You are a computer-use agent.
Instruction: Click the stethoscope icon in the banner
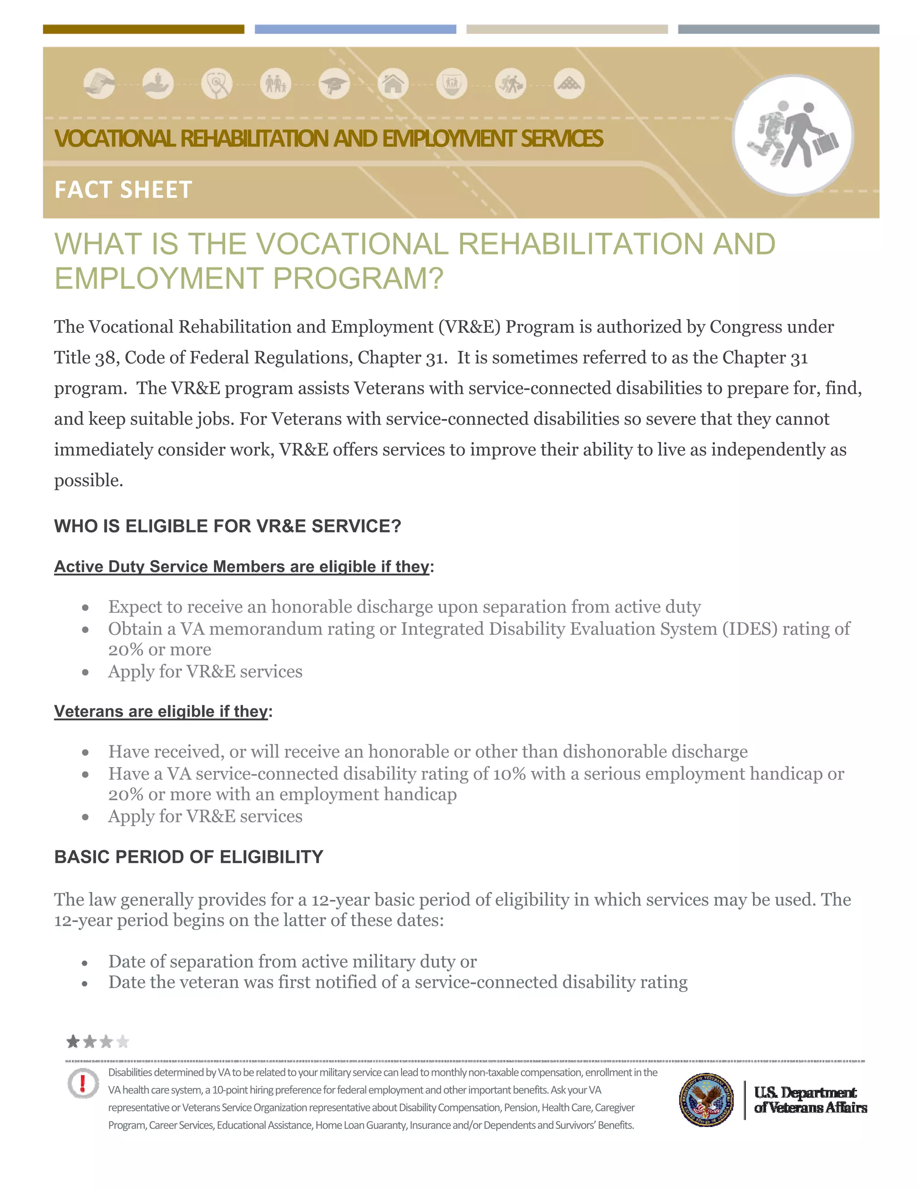pos(217,84)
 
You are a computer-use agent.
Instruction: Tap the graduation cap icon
pos(334,84)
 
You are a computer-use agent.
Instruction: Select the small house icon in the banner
pos(393,84)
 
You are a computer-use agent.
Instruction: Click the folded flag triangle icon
pos(569,84)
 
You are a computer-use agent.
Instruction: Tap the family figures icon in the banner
pos(276,84)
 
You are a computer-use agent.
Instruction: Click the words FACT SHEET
pos(123,190)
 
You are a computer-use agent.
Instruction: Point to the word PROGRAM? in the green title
pos(358,279)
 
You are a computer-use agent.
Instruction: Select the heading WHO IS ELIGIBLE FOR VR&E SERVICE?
pos(228,526)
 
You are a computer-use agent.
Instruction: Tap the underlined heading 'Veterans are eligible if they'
pos(161,711)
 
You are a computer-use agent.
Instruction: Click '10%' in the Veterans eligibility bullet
pos(509,774)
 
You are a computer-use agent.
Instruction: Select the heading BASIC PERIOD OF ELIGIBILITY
pos(188,857)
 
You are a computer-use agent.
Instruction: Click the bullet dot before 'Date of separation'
pos(85,963)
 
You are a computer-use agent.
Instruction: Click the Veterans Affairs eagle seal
pos(706,1100)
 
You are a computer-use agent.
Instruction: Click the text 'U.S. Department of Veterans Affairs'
pos(810,1100)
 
